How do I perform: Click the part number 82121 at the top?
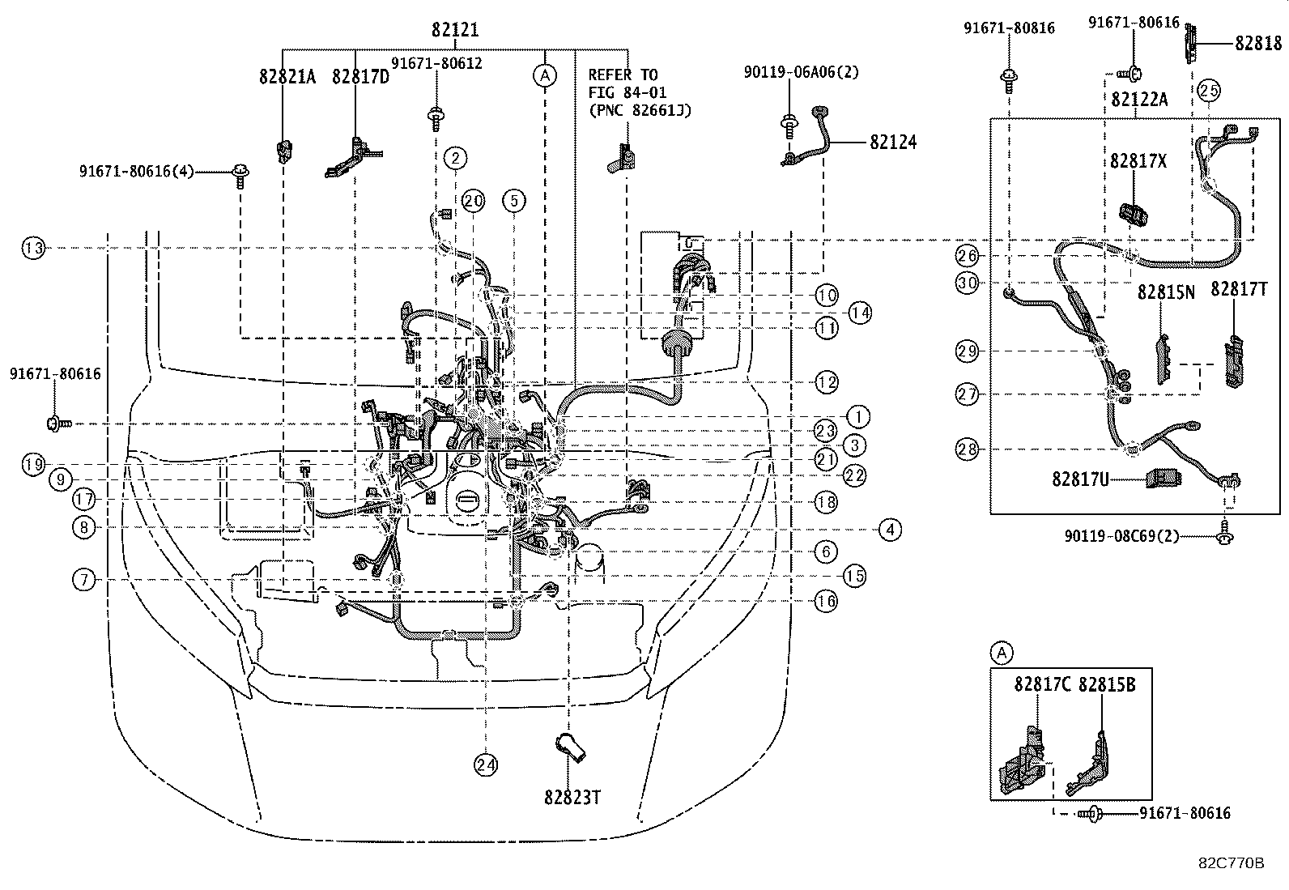tap(454, 31)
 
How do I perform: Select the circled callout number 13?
tap(33, 248)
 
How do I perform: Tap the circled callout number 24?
tap(486, 764)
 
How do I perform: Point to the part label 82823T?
tap(572, 797)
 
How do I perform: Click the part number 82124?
tap(893, 142)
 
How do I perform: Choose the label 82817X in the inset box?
tap(1138, 161)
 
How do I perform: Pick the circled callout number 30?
tap(967, 283)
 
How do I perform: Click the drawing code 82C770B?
tap(1231, 863)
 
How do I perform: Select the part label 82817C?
tap(1042, 684)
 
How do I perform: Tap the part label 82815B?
tap(1107, 684)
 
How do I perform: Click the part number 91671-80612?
tap(436, 63)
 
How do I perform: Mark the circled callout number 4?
tap(890, 530)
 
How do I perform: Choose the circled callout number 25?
tap(1208, 92)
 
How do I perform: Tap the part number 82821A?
tap(287, 77)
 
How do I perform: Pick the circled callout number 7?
tap(83, 580)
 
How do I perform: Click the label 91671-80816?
tap(1009, 28)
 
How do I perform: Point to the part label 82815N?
tap(1166, 292)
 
